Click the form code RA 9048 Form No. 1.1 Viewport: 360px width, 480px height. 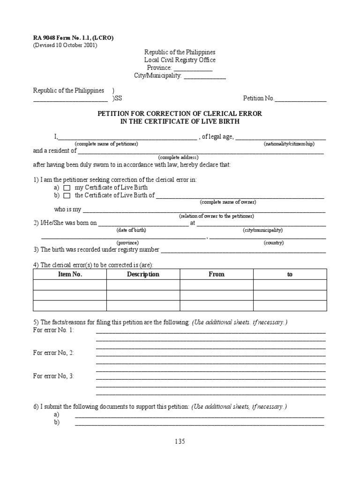click(73, 37)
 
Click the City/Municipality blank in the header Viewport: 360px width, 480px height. click(205, 76)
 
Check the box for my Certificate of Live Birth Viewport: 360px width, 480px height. click(67, 187)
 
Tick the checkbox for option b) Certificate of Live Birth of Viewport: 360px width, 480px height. click(67, 195)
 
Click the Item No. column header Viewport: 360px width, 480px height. click(70, 274)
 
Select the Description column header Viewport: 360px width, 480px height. click(143, 274)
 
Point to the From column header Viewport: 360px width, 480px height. click(217, 274)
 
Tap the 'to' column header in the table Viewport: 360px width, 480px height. click(290, 274)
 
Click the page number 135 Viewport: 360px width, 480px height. click(180, 441)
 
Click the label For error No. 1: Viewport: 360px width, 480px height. click(53, 330)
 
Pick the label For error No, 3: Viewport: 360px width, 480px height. click(53, 376)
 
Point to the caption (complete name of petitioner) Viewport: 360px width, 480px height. click(106, 143)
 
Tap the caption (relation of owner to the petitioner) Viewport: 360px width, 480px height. click(216, 216)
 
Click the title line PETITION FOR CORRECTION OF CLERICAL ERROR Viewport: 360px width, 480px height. click(180, 114)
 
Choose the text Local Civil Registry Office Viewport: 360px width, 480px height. click(180, 60)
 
